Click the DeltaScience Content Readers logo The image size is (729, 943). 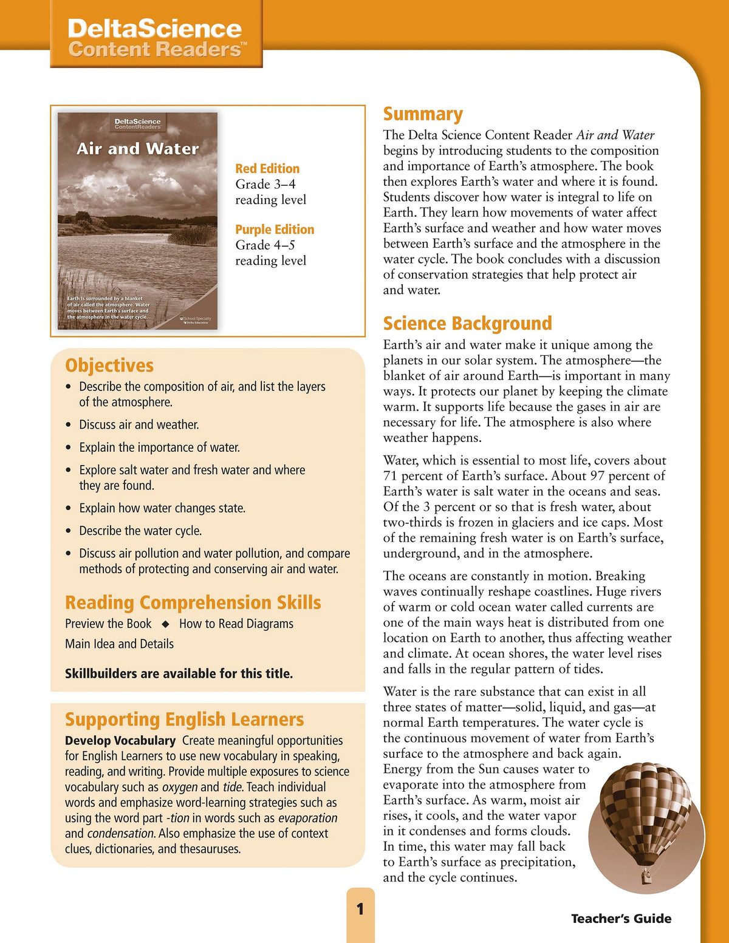pos(156,38)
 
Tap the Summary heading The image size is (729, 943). pos(423,114)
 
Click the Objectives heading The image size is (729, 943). pos(109,365)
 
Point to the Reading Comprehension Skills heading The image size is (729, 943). pos(193,602)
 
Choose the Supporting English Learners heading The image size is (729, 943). pos(184,719)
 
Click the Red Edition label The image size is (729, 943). pos(267,168)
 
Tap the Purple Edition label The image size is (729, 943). pos(275,230)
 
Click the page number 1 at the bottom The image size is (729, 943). pos(360,909)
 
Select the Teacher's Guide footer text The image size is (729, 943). pos(621,919)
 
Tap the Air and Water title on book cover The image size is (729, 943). pos(138,149)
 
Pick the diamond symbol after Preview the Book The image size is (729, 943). pos(165,624)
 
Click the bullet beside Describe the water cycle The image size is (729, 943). pos(69,531)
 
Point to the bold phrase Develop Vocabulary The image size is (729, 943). pos(120,741)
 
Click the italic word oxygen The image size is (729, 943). pos(180,787)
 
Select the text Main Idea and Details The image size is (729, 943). pos(119,644)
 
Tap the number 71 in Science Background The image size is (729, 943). pos(390,476)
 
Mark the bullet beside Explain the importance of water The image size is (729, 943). pos(69,448)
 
